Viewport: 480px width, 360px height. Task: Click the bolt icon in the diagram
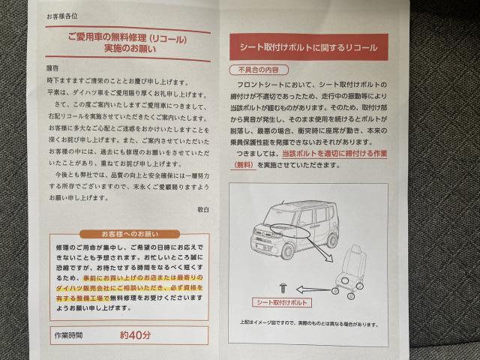click(282, 286)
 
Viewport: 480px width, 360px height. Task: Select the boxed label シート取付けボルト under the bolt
click(283, 302)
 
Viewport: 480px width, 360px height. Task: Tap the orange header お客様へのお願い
click(125, 232)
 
